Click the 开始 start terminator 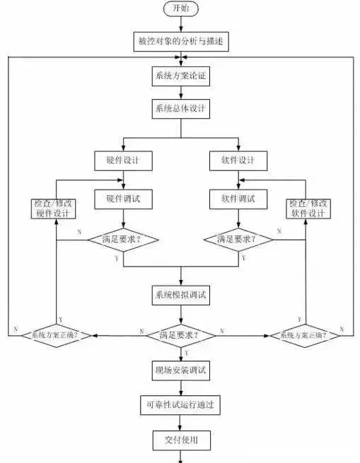[181, 9]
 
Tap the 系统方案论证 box [181, 75]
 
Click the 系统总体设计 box [181, 108]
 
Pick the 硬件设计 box [123, 160]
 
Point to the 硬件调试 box [123, 199]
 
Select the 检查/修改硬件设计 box [54, 209]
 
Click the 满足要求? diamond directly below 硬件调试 [123, 239]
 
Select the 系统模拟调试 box [181, 293]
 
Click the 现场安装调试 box [181, 369]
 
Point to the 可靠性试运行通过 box [181, 404]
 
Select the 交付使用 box [181, 440]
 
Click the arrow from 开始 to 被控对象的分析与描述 [181, 25]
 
